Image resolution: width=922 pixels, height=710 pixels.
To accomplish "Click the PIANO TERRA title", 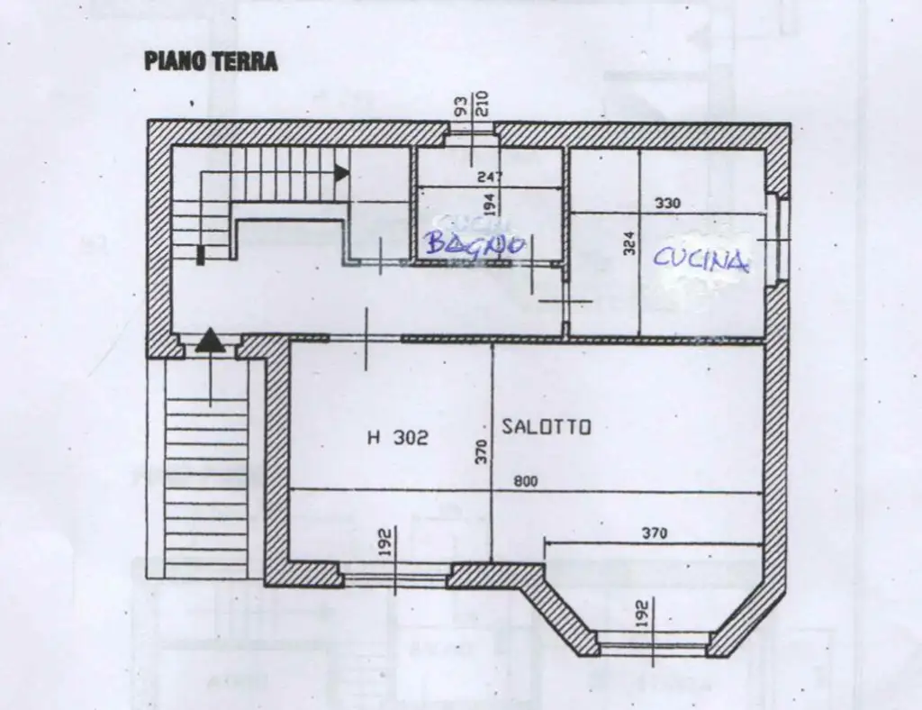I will pyautogui.click(x=211, y=61).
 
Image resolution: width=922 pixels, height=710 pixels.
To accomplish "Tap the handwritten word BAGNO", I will pyautogui.click(x=475, y=243).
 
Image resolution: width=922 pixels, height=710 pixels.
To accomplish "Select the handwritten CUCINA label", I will pyautogui.click(x=701, y=259).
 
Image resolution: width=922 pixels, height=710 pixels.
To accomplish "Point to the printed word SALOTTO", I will pyautogui.click(x=547, y=427).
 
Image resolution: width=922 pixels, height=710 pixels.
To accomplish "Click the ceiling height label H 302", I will pyautogui.click(x=398, y=438).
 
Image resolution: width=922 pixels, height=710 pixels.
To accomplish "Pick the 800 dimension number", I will pyautogui.click(x=526, y=482).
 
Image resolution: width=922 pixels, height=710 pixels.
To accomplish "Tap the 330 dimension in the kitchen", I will pyautogui.click(x=667, y=204).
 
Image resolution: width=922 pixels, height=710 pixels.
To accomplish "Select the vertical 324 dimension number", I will pyautogui.click(x=629, y=241).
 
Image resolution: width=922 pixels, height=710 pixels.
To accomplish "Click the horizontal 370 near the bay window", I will pyautogui.click(x=655, y=533).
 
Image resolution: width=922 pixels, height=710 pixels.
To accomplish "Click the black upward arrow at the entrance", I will pyautogui.click(x=209, y=340).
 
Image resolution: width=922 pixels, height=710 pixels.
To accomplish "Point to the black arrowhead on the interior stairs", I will pyautogui.click(x=341, y=173).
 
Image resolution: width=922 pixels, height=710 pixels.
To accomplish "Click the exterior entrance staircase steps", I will pyautogui.click(x=206, y=487).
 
